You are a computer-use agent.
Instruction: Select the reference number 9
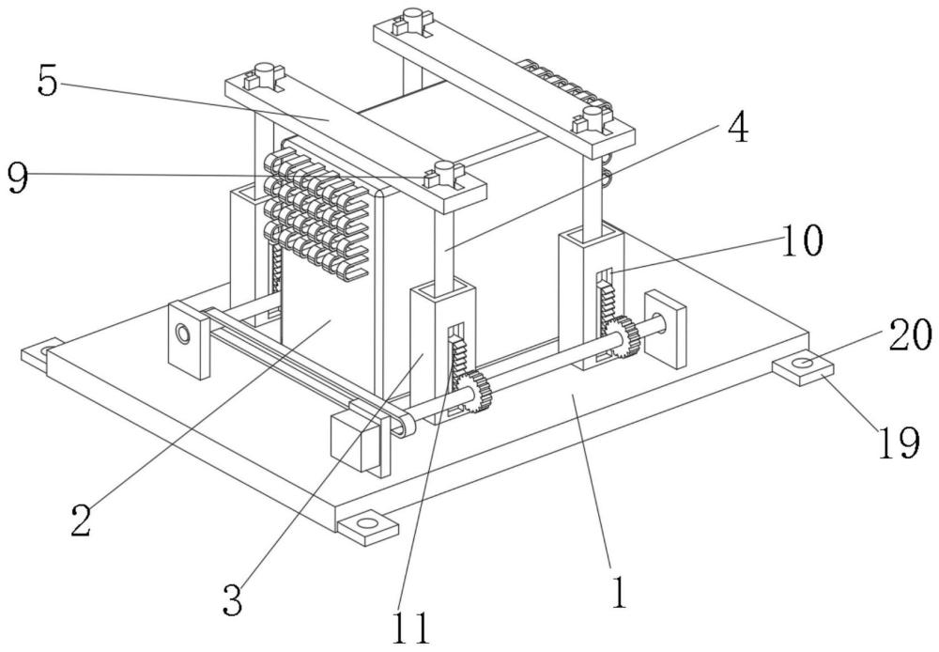[16, 177]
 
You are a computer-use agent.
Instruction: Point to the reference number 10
[799, 241]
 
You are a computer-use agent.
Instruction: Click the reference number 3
[232, 599]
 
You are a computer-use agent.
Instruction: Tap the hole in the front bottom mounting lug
[367, 521]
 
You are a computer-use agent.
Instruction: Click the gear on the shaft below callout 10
[623, 337]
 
